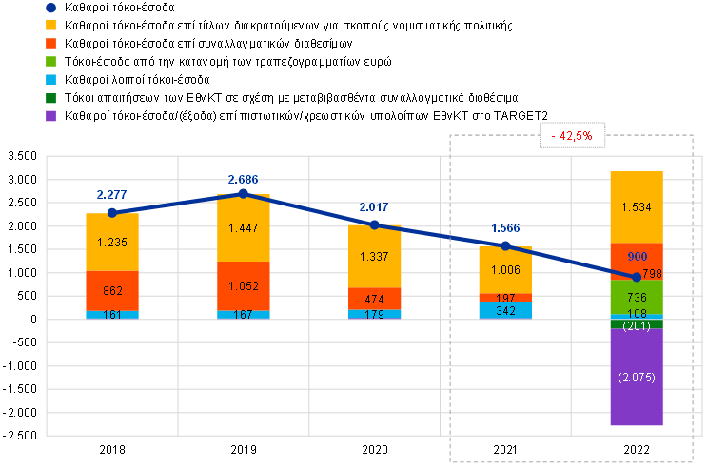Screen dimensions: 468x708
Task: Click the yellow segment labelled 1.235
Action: [112, 242]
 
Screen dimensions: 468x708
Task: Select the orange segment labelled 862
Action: [112, 291]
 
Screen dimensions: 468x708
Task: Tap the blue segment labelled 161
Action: [112, 315]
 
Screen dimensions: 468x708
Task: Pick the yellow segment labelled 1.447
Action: [244, 228]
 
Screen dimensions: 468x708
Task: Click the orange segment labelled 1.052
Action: [244, 285]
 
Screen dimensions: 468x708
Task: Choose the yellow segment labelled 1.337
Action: [375, 256]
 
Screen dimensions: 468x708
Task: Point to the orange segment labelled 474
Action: [375, 299]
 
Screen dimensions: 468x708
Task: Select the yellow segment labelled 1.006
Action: [506, 269]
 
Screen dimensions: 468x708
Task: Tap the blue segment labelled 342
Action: [506, 310]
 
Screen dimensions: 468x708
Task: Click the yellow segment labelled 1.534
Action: [637, 207]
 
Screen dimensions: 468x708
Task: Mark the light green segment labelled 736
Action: [637, 297]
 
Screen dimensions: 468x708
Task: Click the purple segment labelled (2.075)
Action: [637, 377]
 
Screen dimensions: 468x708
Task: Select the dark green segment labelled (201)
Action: [637, 324]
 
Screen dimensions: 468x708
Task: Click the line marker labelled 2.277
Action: [112, 212]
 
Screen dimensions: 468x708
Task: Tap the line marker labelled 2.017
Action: [375, 224]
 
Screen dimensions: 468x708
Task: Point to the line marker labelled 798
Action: [637, 277]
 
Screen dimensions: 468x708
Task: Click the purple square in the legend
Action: [50, 116]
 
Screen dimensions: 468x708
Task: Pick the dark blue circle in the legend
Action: [50, 8]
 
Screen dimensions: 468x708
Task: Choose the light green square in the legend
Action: [50, 62]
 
